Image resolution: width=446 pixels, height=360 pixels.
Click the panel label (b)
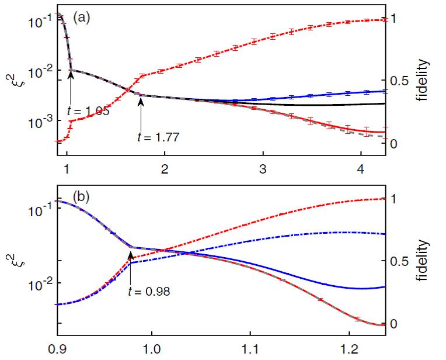pyautogui.click(x=79, y=197)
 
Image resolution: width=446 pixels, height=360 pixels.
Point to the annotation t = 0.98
pyautogui.click(x=149, y=291)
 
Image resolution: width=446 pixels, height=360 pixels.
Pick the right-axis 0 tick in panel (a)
pyautogui.click(x=393, y=143)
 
